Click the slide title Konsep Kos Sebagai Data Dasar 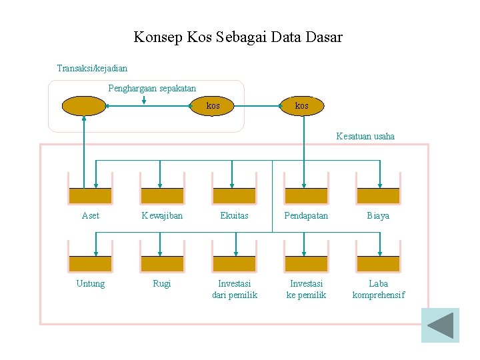tap(238, 37)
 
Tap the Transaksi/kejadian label tap(92, 68)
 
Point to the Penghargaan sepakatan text tap(152, 88)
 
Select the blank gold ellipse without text tap(84, 106)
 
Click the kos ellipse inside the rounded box tap(213, 106)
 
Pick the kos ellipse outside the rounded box tap(302, 106)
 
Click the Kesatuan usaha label tap(365, 136)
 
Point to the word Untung tap(91, 283)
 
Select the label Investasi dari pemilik tap(234, 289)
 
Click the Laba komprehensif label tap(378, 289)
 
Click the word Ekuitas tap(234, 215)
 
